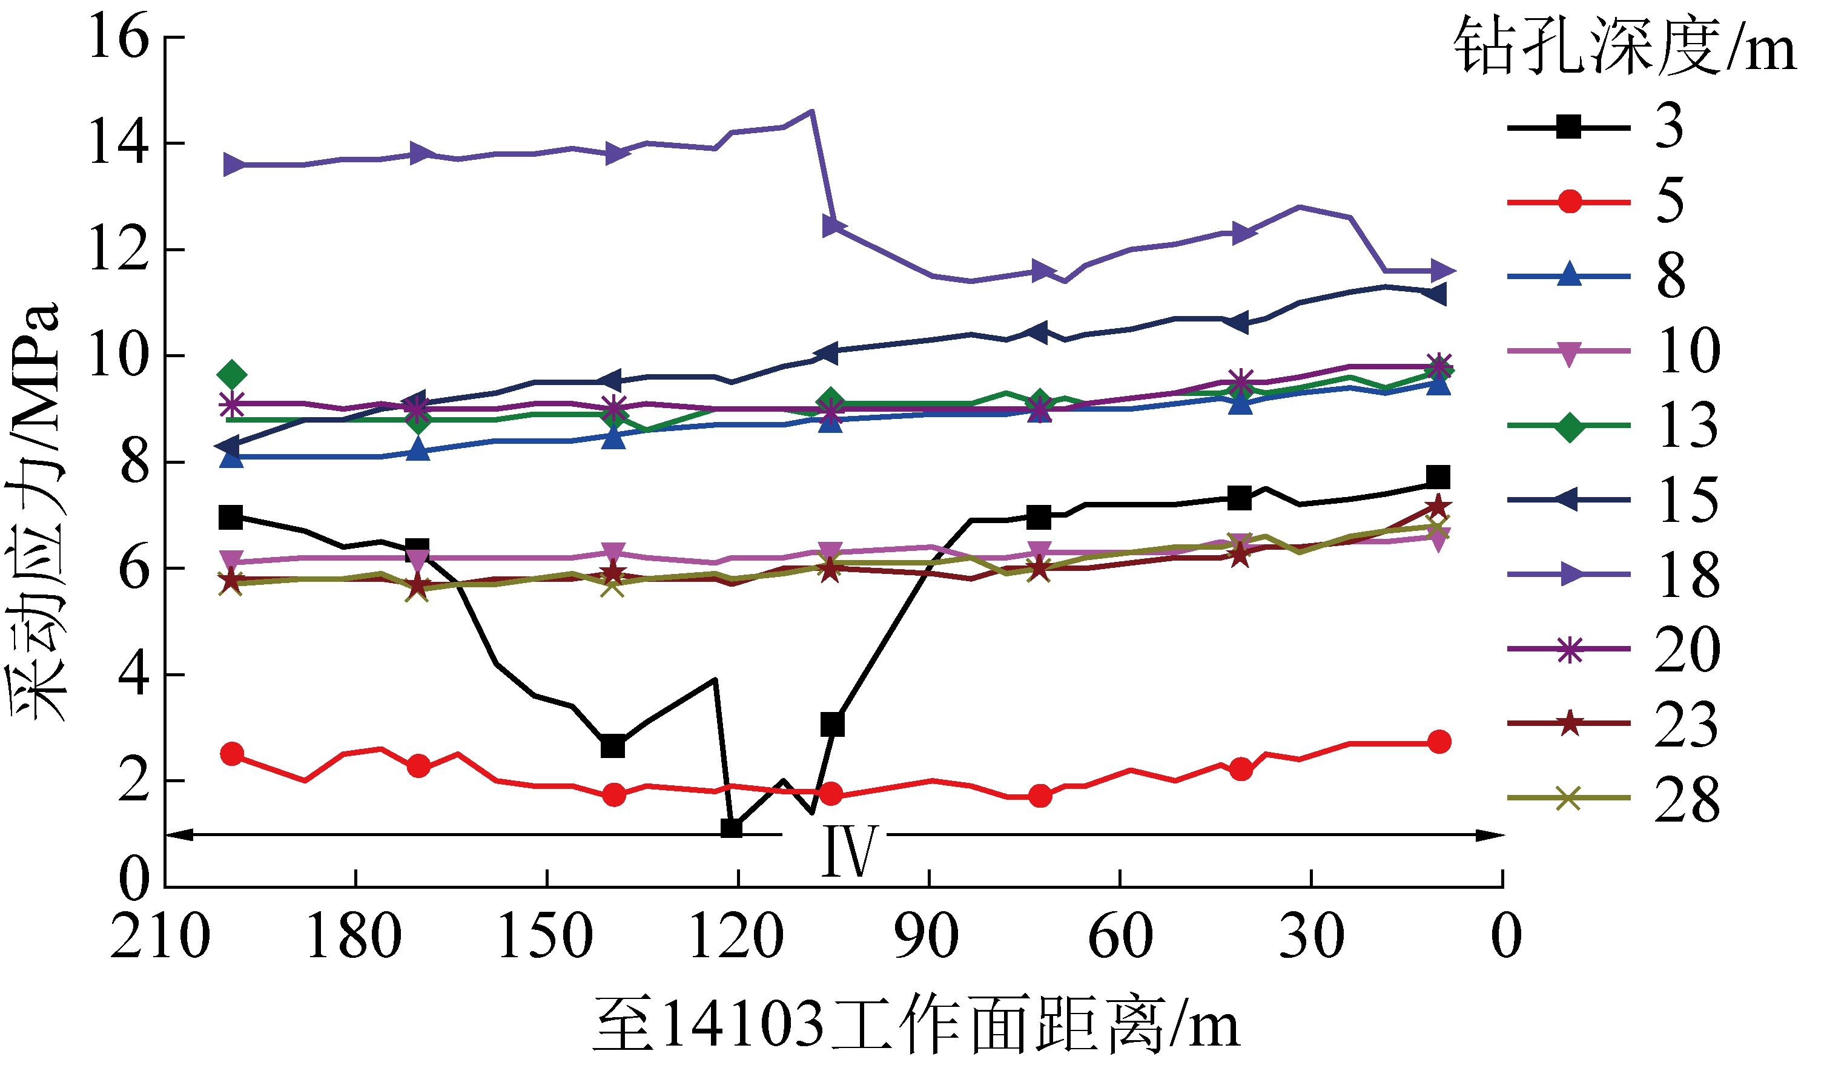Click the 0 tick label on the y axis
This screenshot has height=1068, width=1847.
134,879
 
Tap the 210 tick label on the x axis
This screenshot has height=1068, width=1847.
160,937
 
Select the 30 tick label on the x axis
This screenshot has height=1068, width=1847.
1311,937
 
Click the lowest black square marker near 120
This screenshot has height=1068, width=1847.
732,828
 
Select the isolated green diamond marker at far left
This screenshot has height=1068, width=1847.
231,375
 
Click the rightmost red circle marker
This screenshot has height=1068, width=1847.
1439,742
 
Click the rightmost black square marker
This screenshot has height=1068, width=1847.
1438,477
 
